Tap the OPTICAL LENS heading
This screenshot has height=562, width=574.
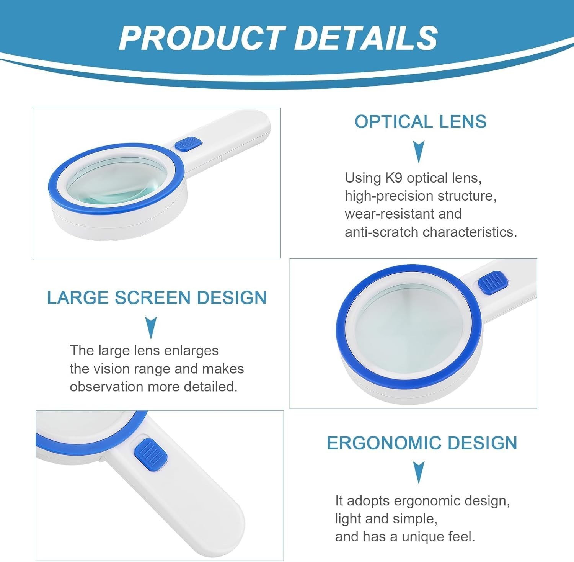pyautogui.click(x=420, y=122)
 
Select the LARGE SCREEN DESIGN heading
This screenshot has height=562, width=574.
pyautogui.click(x=157, y=298)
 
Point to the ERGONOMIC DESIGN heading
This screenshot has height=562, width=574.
pyautogui.click(x=422, y=443)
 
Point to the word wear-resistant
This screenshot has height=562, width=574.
pyautogui.click(x=390, y=214)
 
